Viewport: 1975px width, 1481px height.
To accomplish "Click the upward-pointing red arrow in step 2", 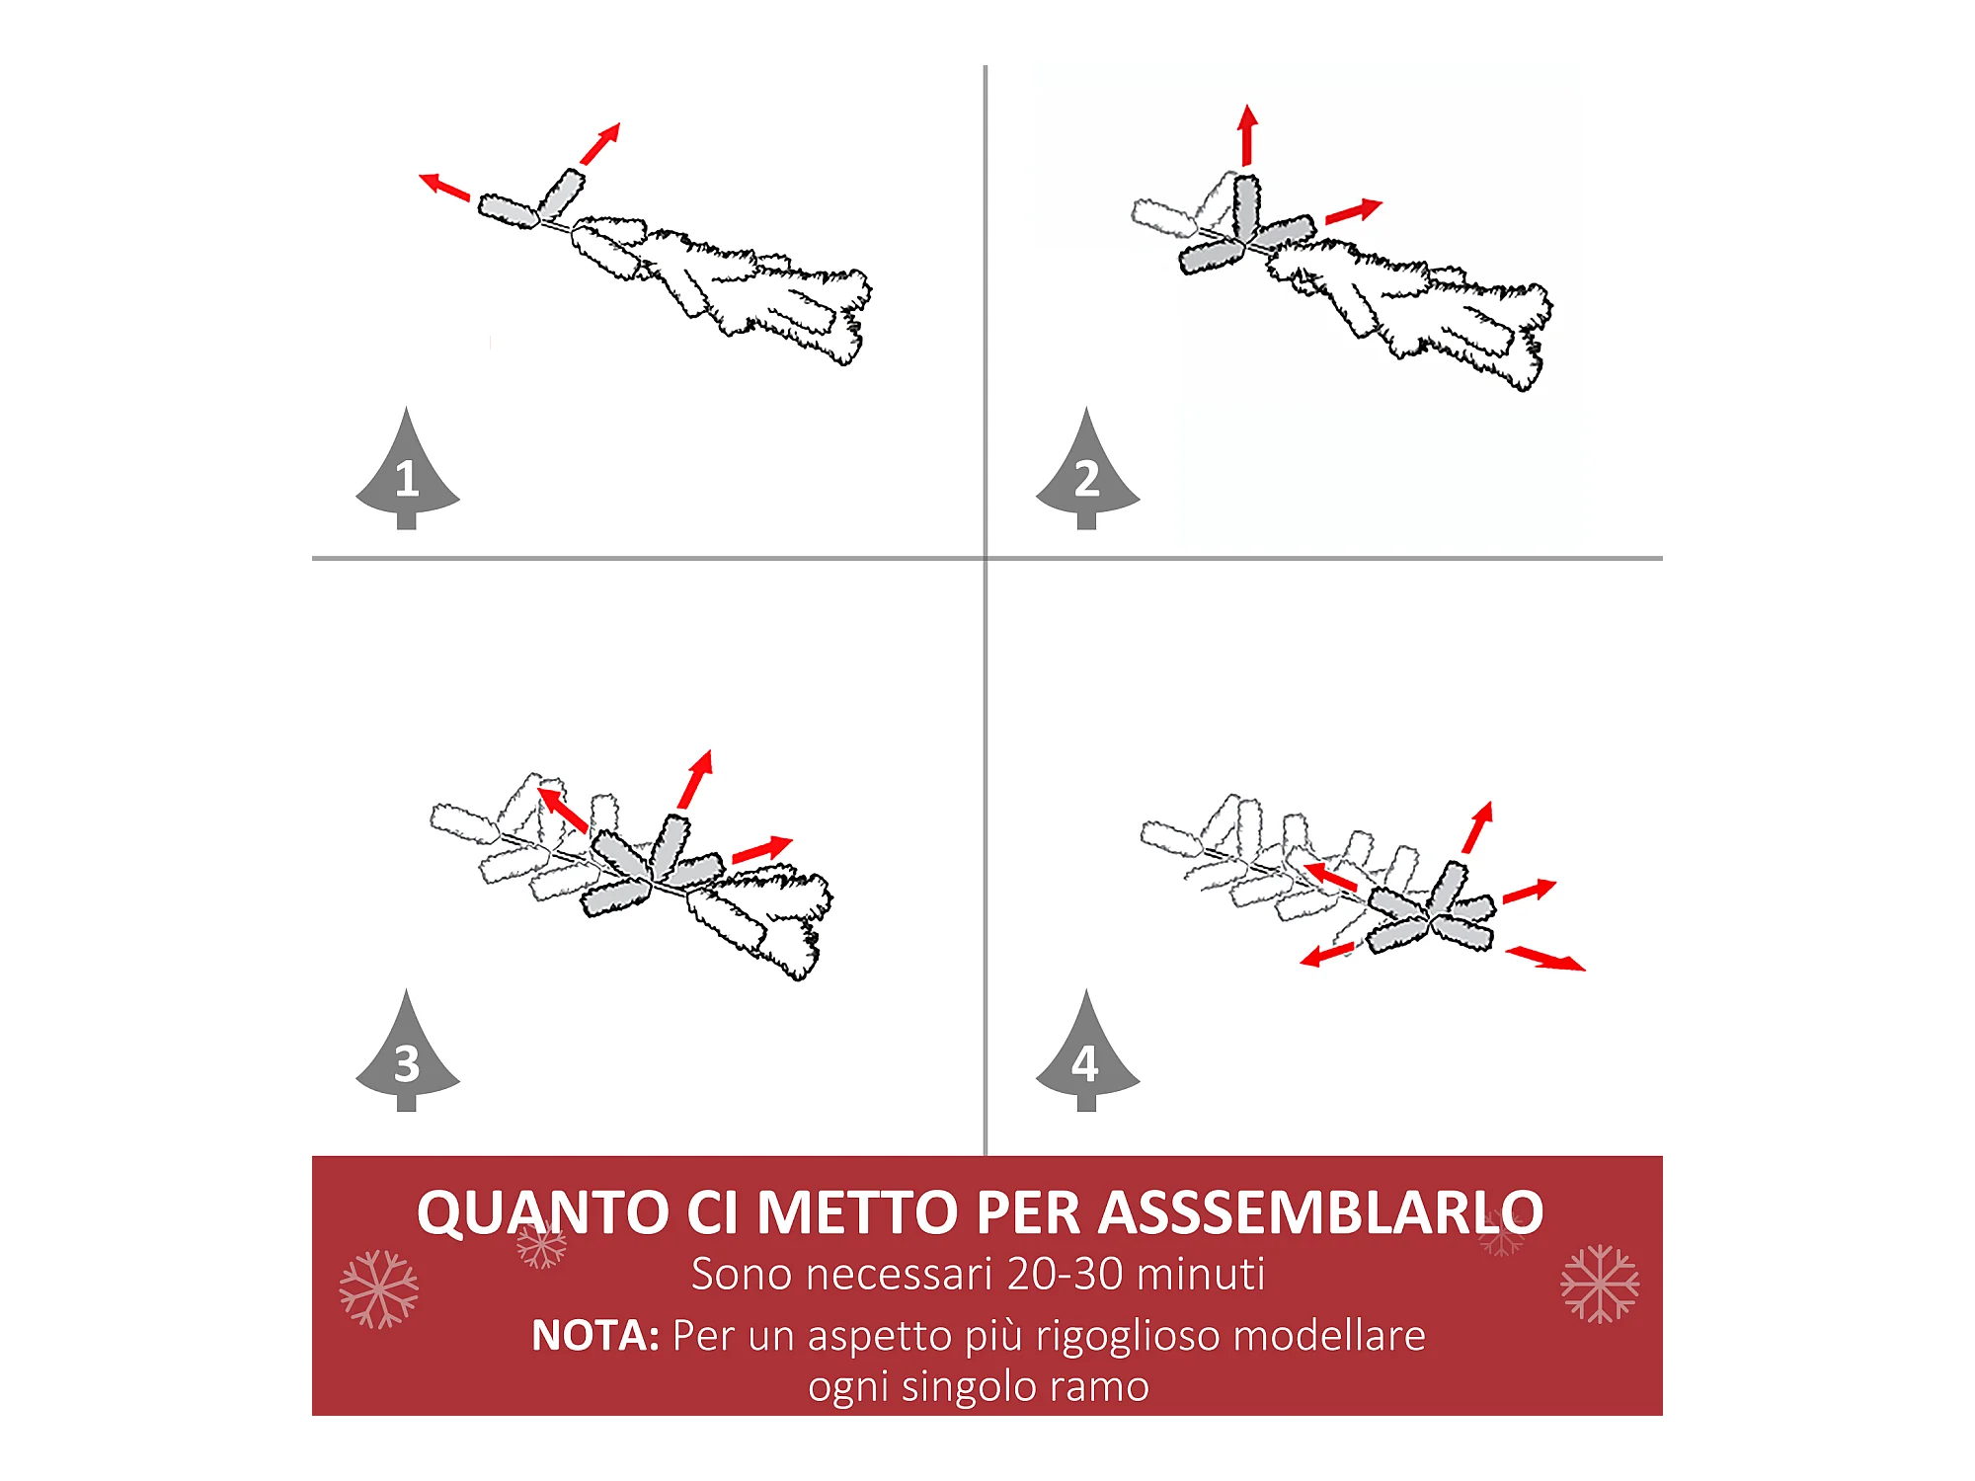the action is [x=1247, y=134].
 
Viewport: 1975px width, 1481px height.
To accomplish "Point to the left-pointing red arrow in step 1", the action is [x=444, y=187].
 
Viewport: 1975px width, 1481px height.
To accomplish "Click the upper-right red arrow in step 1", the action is [x=600, y=143].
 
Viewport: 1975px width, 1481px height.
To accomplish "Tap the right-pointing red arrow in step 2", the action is [x=1354, y=211].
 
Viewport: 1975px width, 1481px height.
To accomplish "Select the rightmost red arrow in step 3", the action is [x=762, y=849].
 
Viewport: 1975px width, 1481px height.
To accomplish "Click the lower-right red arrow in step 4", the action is [x=1545, y=959].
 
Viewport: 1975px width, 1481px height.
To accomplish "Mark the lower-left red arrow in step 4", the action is [x=1327, y=955].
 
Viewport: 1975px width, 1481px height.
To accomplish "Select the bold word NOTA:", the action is [x=595, y=1336].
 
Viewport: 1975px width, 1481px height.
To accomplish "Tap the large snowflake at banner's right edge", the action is [x=1600, y=1284].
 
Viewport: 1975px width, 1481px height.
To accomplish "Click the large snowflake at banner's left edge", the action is [x=379, y=1288].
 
